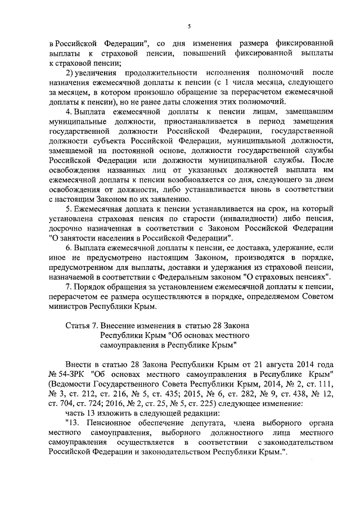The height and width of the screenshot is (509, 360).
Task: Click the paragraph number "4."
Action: pyautogui.click(x=69, y=111)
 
